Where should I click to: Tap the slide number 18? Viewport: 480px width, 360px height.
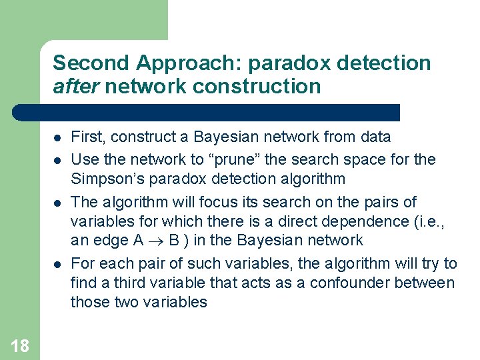20,345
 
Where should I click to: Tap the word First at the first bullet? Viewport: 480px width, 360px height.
87,137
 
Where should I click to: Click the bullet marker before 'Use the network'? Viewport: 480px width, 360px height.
57,160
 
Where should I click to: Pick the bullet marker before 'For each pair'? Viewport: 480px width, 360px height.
57,264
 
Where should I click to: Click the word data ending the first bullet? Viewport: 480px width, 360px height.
376,137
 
